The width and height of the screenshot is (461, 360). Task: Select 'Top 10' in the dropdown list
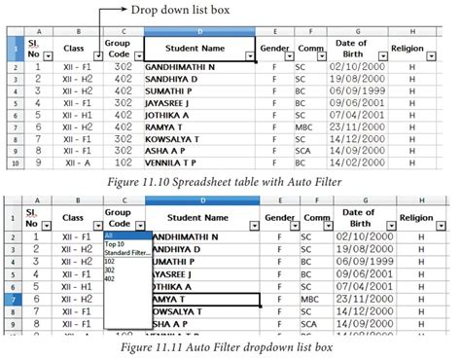point(116,244)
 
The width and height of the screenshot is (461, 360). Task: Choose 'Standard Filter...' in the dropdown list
point(126,253)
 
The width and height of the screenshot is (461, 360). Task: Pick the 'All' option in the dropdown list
point(110,235)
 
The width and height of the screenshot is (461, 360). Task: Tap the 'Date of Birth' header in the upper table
point(356,46)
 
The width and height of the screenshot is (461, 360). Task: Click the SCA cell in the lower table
point(309,323)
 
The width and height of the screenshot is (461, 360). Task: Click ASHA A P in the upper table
point(174,151)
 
